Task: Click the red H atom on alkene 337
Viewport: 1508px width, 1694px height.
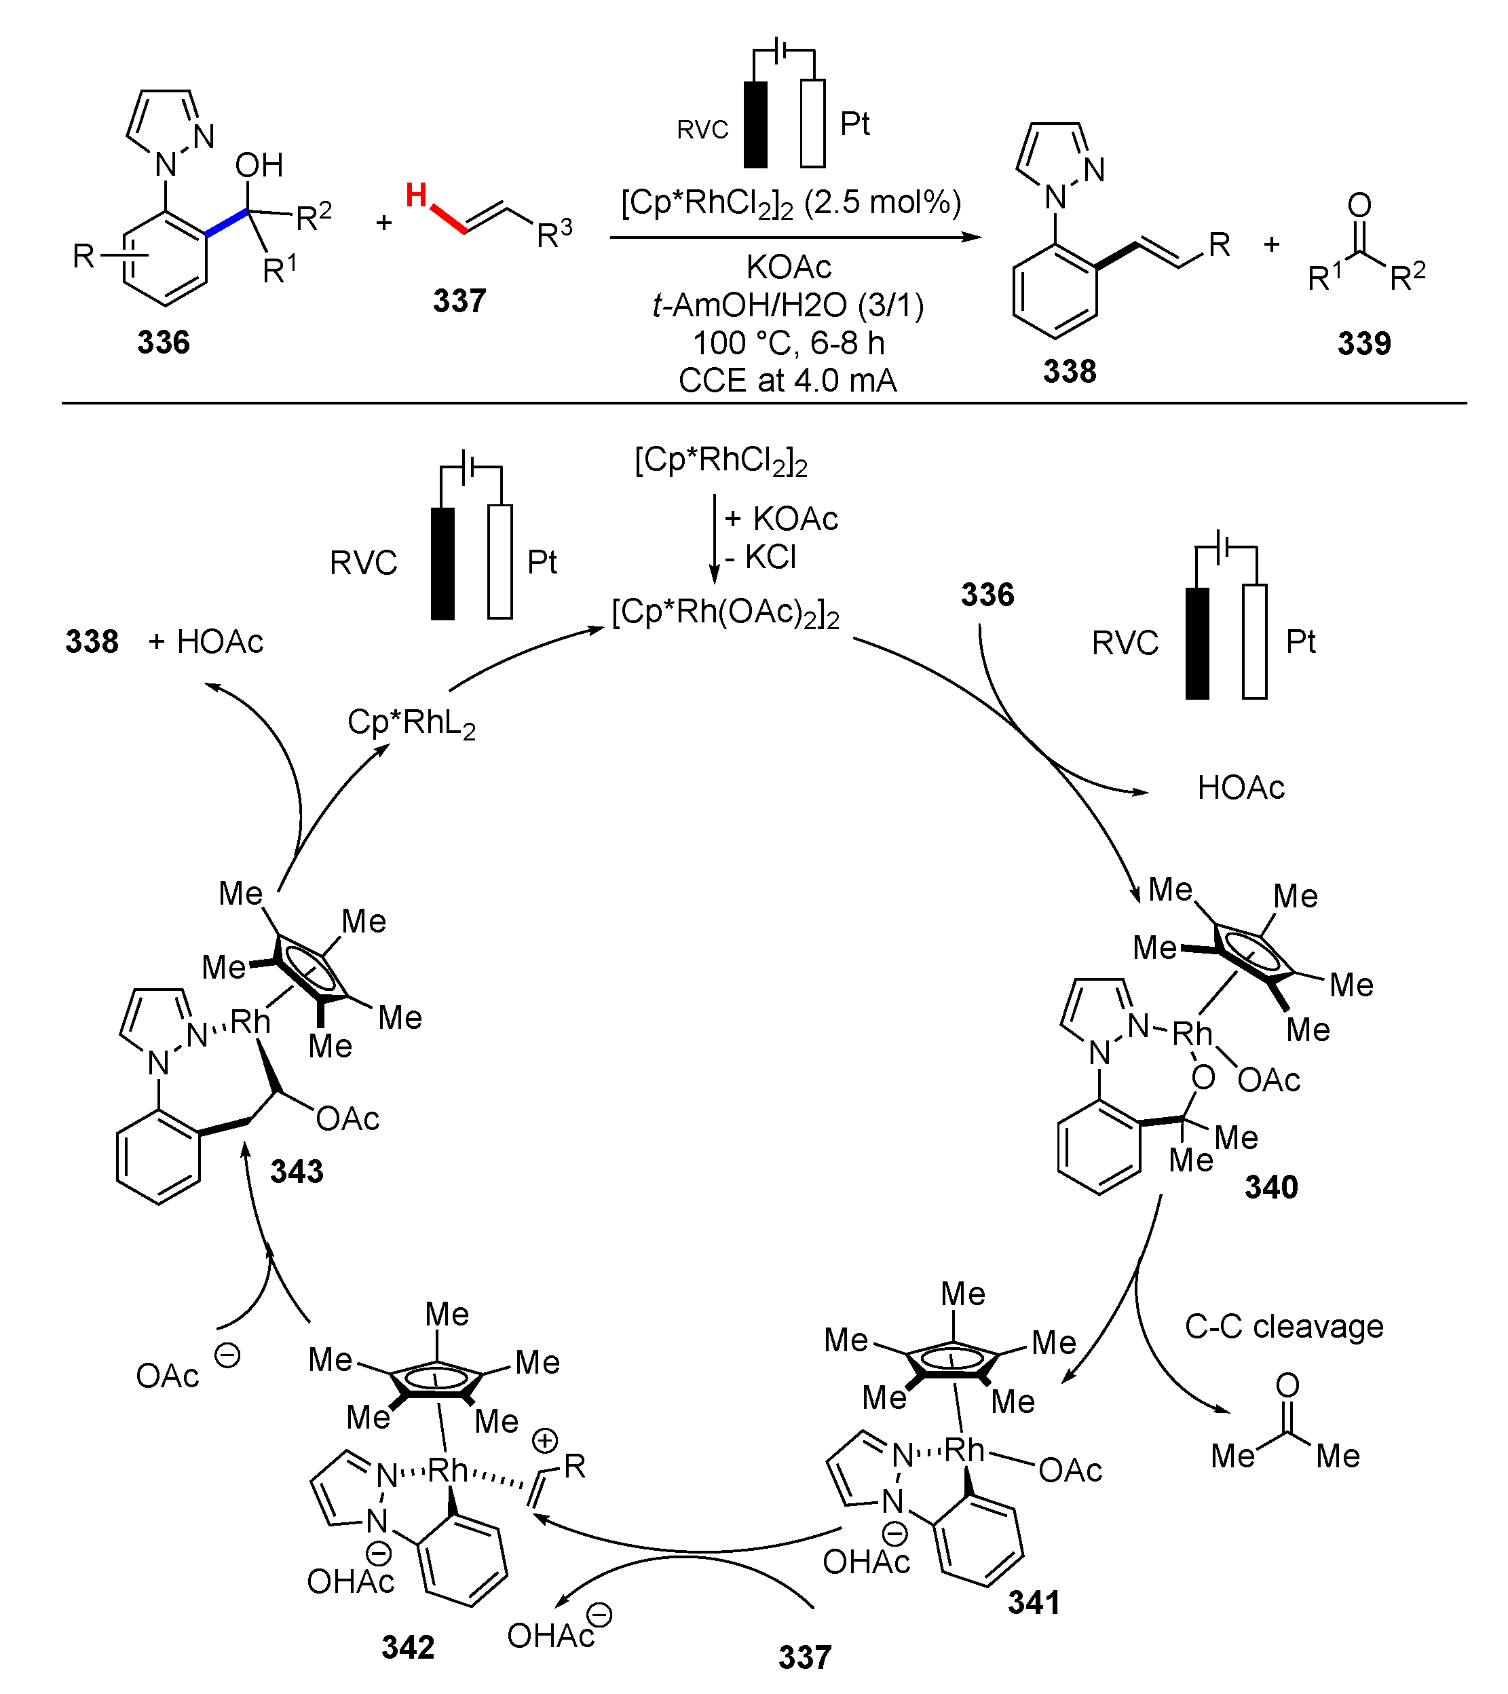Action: (x=416, y=196)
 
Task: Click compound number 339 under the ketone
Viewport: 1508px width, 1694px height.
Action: (x=1364, y=343)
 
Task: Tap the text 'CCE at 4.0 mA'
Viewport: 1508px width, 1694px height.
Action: (x=787, y=381)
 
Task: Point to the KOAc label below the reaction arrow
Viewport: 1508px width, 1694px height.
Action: (x=788, y=267)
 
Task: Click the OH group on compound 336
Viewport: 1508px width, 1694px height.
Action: (x=259, y=166)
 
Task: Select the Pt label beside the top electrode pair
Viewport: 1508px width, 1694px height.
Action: (x=854, y=124)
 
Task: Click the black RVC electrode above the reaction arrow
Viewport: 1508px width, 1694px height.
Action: (x=755, y=124)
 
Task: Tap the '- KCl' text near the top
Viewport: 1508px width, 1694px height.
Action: (x=761, y=557)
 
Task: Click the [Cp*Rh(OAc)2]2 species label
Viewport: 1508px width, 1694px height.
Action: (x=725, y=614)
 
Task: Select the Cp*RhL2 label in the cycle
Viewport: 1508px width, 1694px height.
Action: (x=411, y=723)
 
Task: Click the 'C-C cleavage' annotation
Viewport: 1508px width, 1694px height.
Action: (x=1283, y=1326)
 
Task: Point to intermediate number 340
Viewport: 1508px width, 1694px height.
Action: (x=1270, y=1188)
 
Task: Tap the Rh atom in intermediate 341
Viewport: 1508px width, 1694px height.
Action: (x=964, y=1450)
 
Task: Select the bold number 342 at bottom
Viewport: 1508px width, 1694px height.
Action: (x=408, y=1646)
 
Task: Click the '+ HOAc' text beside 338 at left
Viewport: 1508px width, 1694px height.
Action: (x=206, y=642)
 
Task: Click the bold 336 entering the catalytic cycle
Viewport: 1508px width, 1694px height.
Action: (x=987, y=595)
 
